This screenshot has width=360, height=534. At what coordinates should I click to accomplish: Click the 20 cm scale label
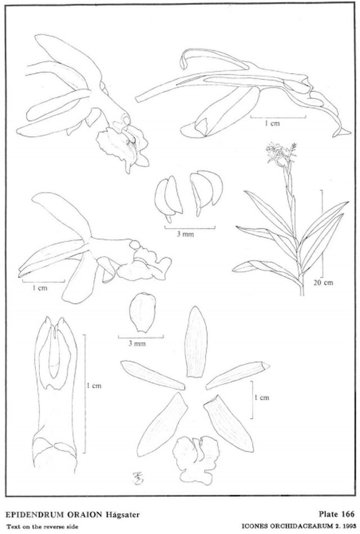(323, 282)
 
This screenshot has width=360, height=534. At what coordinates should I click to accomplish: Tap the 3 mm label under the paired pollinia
(185, 234)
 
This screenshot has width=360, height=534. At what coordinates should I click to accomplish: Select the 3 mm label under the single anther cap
(137, 344)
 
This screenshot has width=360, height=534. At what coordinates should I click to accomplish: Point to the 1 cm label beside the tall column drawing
(94, 386)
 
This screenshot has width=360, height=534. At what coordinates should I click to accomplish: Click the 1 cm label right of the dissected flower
(262, 397)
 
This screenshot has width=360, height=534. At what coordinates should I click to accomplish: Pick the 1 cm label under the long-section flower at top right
(272, 123)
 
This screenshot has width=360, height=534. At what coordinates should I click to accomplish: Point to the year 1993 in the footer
(348, 526)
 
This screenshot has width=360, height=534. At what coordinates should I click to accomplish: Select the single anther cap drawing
(143, 312)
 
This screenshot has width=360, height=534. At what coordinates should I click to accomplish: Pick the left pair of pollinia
(168, 199)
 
